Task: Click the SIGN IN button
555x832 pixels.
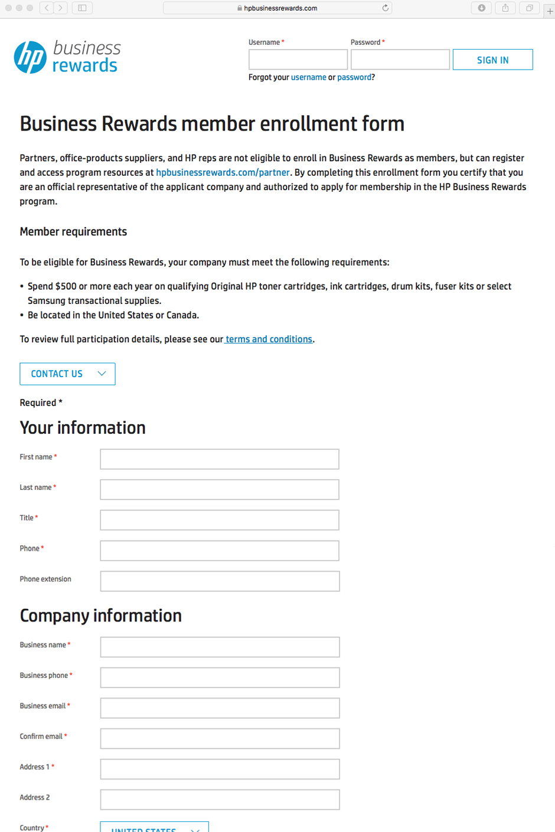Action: click(x=492, y=60)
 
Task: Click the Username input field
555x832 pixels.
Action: click(x=298, y=60)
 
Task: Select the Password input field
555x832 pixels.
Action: click(x=400, y=60)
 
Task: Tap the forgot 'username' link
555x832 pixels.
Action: click(x=308, y=77)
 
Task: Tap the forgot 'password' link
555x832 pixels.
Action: click(x=354, y=77)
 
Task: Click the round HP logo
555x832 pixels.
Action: click(x=30, y=57)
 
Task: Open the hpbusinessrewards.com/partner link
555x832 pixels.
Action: click(x=223, y=172)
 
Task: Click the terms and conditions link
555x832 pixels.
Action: click(x=269, y=339)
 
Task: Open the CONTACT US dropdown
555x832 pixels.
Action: click(x=67, y=374)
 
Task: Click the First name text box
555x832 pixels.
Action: click(x=220, y=459)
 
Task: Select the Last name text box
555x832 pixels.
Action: click(x=220, y=490)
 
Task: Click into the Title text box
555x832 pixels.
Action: click(x=220, y=520)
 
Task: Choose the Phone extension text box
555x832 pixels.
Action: click(x=220, y=581)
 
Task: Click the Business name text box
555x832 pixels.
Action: click(x=220, y=647)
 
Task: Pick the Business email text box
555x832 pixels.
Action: click(x=220, y=708)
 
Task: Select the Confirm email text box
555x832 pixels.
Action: click(x=220, y=739)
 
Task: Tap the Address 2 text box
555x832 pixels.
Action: click(x=220, y=800)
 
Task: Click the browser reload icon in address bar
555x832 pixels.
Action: click(x=386, y=8)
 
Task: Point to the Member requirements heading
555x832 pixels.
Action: click(x=73, y=232)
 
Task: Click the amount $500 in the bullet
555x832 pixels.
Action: click(x=66, y=286)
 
